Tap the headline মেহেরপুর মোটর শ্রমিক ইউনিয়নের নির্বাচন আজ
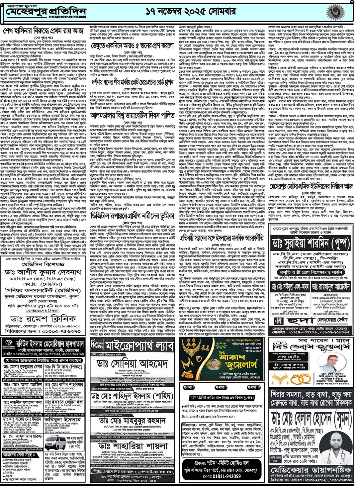(x=312, y=186)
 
